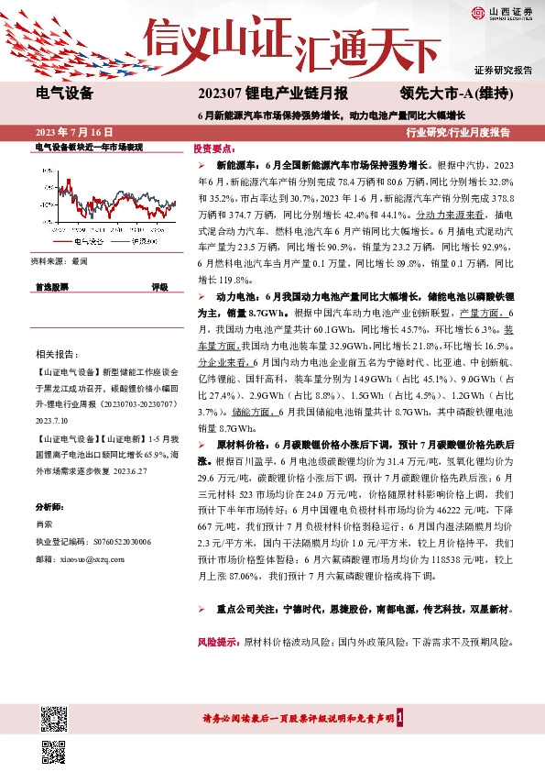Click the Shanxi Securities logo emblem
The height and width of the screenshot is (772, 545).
(x=477, y=13)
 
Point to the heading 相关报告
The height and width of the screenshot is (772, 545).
(x=57, y=354)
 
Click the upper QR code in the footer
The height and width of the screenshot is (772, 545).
(x=55, y=716)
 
